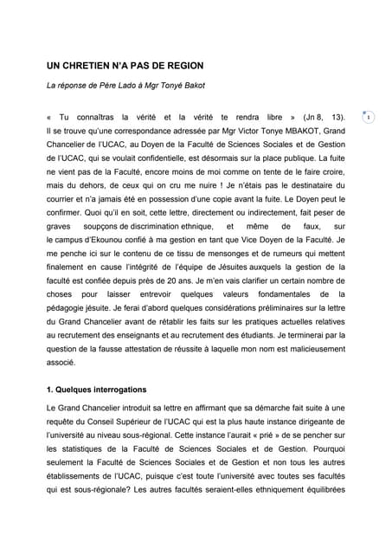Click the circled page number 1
(x=369, y=117)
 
